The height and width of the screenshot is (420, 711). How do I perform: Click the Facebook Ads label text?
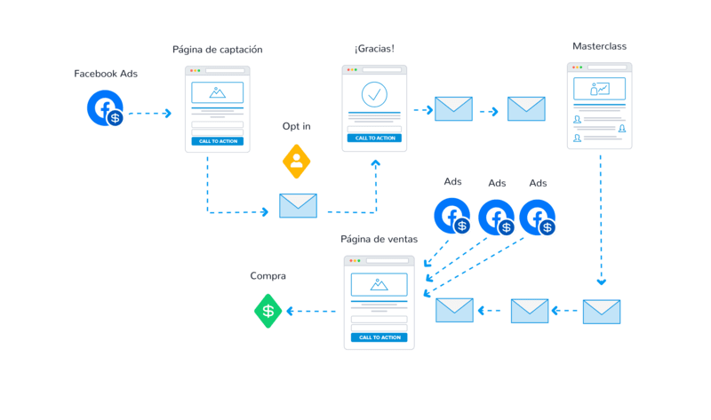pos(105,74)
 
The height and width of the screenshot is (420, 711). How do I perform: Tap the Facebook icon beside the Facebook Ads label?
pos(105,109)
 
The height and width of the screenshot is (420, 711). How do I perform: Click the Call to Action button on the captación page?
pos(218,141)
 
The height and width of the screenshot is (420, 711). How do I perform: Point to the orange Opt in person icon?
pos(297,160)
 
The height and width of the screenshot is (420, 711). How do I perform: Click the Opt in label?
pos(297,128)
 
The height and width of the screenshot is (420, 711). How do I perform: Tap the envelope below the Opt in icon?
pos(298,206)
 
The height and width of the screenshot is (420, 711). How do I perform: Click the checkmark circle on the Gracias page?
pos(374,94)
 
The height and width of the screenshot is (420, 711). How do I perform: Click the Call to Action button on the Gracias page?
pos(374,138)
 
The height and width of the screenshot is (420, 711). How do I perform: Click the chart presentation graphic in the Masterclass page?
pos(599,89)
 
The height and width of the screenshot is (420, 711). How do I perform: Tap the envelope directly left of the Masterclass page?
pos(525,109)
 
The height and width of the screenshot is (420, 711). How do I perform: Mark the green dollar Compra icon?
pos(268,311)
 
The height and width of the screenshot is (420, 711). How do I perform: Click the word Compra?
pos(268,277)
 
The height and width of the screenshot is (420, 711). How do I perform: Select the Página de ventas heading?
pos(373,240)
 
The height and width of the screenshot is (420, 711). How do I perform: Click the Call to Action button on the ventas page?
pos(379,337)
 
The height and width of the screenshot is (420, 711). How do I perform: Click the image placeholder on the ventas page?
pos(379,284)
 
